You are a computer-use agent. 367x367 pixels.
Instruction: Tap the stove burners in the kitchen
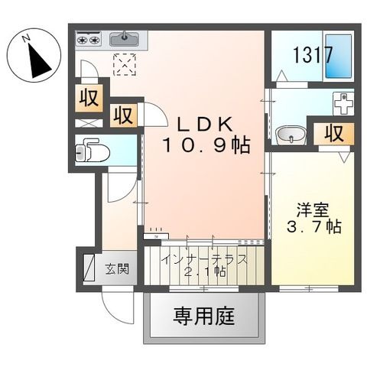click(89, 37)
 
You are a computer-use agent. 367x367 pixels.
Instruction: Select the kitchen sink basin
click(124, 37)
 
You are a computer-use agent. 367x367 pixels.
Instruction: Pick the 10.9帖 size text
click(204, 145)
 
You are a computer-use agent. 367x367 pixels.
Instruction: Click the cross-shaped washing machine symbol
click(344, 102)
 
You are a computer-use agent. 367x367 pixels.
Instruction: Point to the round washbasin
click(291, 135)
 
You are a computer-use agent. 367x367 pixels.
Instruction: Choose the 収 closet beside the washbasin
click(330, 132)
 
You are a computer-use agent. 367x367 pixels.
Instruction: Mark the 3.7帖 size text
click(313, 227)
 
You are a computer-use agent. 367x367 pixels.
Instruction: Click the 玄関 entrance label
click(116, 268)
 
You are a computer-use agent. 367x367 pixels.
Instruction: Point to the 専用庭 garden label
click(203, 314)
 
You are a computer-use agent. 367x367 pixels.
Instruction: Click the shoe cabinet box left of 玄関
click(87, 267)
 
